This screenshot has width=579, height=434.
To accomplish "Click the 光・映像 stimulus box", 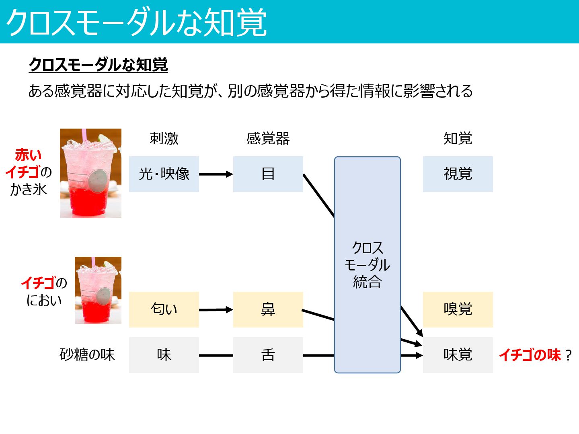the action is coord(164,174).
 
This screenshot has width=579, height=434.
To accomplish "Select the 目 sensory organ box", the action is coord(268,174).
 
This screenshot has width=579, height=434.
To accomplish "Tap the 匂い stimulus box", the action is coord(164,309).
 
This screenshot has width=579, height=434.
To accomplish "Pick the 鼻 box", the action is coord(268,309).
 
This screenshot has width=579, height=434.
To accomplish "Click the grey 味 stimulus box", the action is coord(164,355).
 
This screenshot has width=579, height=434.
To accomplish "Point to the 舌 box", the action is coord(268,355).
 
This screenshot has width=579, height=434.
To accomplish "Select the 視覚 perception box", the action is coord(458,174).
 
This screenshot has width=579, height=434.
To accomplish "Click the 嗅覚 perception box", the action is coord(458,309).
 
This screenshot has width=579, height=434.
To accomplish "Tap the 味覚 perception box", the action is coord(458,355).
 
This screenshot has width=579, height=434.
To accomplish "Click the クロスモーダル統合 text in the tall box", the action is coord(367,265).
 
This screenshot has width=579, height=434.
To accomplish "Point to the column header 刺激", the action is coord(164,139).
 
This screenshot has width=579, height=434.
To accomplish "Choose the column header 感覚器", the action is coord(268,139).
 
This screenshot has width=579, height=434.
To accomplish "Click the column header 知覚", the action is coord(458,139).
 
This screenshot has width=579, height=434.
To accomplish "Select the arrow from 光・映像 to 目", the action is coord(216,174).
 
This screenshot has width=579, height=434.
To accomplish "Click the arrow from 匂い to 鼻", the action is coord(216,310).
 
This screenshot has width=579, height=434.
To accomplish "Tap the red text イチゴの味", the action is coord(530,355).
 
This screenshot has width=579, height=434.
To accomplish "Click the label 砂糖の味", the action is coord(87,355).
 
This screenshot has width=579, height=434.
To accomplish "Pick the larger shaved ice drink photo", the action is coord(90,173).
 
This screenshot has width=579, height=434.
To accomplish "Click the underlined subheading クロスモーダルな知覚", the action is coord(98,65).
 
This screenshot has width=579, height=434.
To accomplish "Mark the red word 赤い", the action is coord(28,155).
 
